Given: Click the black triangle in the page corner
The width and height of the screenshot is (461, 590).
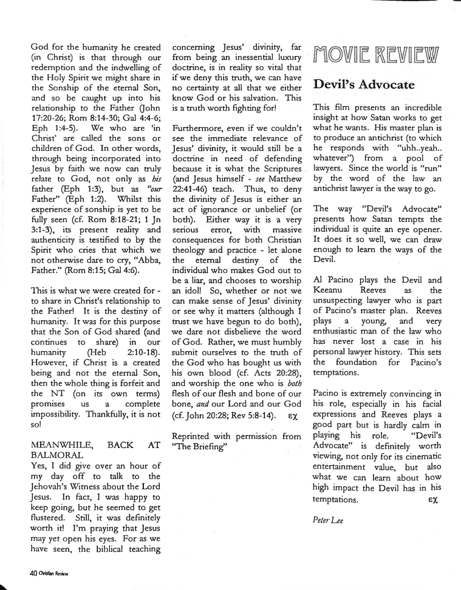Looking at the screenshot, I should point(5,585).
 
